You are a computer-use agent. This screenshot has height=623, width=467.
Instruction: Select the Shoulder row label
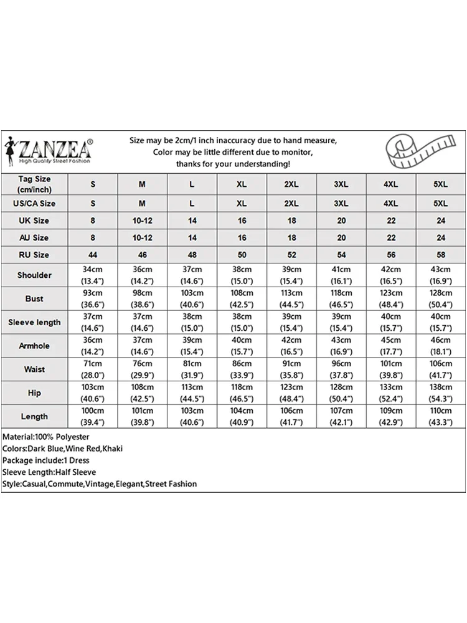[34, 275]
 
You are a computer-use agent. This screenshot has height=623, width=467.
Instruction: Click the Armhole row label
[34, 346]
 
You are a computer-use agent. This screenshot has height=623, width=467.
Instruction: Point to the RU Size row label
[34, 255]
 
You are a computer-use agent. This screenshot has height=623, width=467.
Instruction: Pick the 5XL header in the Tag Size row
[441, 184]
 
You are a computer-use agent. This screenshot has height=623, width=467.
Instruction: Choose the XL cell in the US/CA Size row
[242, 204]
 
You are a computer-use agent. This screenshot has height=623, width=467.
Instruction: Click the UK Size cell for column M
[143, 221]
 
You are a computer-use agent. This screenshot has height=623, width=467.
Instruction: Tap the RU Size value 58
[441, 255]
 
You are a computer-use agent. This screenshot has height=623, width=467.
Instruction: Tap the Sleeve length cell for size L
[192, 322]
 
